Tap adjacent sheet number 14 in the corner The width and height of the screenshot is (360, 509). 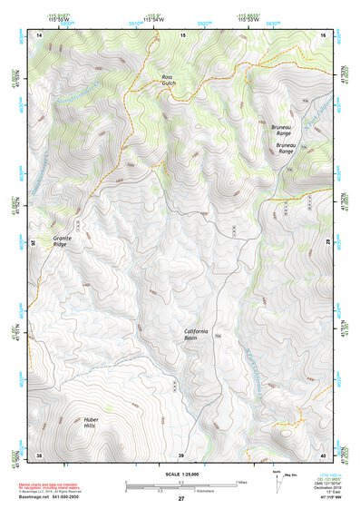click(x=39, y=34)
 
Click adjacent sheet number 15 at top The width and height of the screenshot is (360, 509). click(x=182, y=34)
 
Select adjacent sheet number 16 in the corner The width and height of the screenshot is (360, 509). click(x=323, y=34)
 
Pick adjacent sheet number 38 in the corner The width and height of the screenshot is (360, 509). click(x=39, y=455)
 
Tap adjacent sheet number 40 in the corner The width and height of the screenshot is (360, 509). click(x=323, y=455)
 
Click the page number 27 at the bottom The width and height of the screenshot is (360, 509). click(x=180, y=499)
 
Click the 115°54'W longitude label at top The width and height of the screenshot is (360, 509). click(x=155, y=19)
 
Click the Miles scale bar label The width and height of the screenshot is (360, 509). click(x=240, y=481)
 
